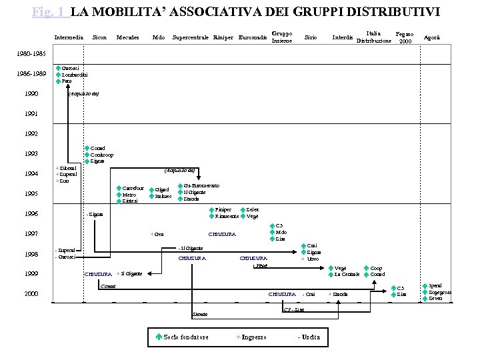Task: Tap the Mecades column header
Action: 127,37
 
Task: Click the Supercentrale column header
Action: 190,37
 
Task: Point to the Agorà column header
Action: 432,37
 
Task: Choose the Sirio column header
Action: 310,37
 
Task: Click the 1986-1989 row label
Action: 31,74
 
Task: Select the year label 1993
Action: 30,154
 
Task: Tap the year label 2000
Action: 31,294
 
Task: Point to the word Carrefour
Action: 133,189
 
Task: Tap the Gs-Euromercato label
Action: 202,185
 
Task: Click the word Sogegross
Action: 440,292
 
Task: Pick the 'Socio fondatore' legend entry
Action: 186,337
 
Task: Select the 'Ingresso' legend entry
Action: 254,337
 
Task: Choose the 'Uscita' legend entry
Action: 310,337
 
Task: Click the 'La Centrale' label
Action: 347,274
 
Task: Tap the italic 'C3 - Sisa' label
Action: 294,309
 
